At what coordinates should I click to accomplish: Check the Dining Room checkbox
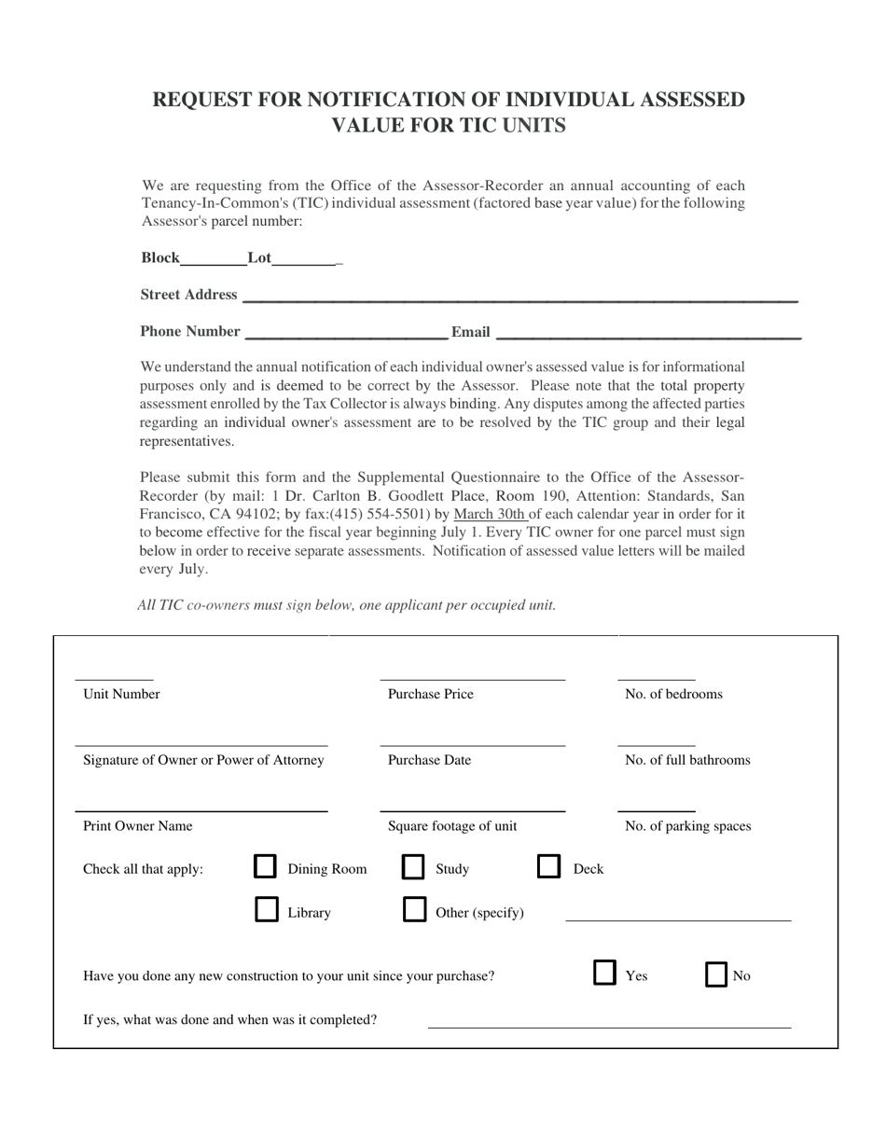click(265, 868)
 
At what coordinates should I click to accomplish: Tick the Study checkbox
click(413, 868)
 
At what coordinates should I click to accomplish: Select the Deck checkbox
click(549, 868)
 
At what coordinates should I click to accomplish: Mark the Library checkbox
click(267, 911)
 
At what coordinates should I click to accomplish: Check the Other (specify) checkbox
click(414, 911)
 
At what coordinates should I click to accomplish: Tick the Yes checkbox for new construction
click(605, 974)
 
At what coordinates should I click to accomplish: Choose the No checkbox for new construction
click(716, 975)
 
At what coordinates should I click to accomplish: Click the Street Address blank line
click(519, 298)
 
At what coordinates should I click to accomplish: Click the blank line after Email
click(648, 334)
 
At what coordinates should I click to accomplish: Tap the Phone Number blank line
click(345, 335)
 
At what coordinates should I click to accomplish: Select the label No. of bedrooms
click(673, 694)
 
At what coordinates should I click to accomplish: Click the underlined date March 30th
click(489, 514)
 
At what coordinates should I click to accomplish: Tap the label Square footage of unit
click(452, 825)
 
